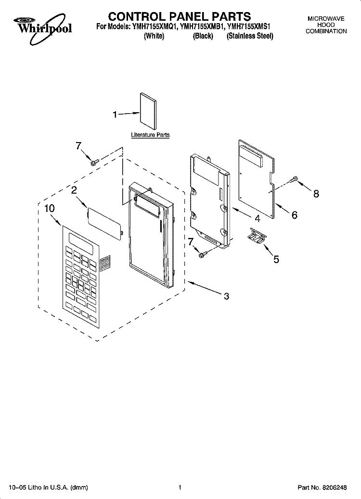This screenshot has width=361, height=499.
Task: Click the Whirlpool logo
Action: tap(43, 27)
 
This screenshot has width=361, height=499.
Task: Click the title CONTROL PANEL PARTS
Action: tap(180, 16)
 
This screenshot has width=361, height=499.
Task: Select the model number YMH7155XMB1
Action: tap(202, 27)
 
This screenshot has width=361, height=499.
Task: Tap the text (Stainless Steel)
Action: tap(250, 36)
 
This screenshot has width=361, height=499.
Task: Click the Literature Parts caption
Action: tap(150, 135)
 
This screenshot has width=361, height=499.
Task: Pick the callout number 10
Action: tap(49, 209)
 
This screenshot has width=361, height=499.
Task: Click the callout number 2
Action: tap(74, 190)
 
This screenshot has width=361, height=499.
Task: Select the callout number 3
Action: tap(226, 296)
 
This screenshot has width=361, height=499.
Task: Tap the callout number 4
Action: tap(257, 218)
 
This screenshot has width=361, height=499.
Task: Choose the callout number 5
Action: tap(276, 259)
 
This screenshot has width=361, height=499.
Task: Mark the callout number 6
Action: tap(295, 215)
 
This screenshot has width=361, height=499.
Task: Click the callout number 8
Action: tap(316, 194)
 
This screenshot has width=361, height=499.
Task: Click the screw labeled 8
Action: tap(294, 180)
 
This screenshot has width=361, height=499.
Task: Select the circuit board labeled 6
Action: tap(257, 179)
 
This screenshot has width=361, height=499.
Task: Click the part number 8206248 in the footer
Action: tap(334, 487)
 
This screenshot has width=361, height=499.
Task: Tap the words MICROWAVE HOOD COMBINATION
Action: tap(326, 25)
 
